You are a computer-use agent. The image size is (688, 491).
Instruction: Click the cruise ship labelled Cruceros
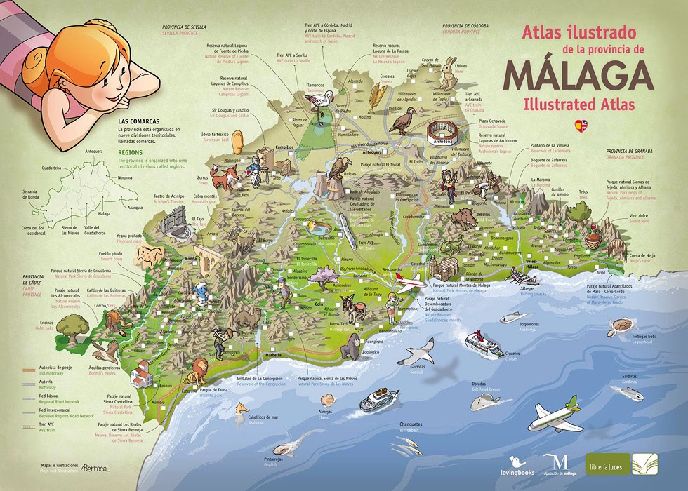point(484,344)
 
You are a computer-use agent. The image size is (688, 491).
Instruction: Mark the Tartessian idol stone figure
point(237,140)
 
